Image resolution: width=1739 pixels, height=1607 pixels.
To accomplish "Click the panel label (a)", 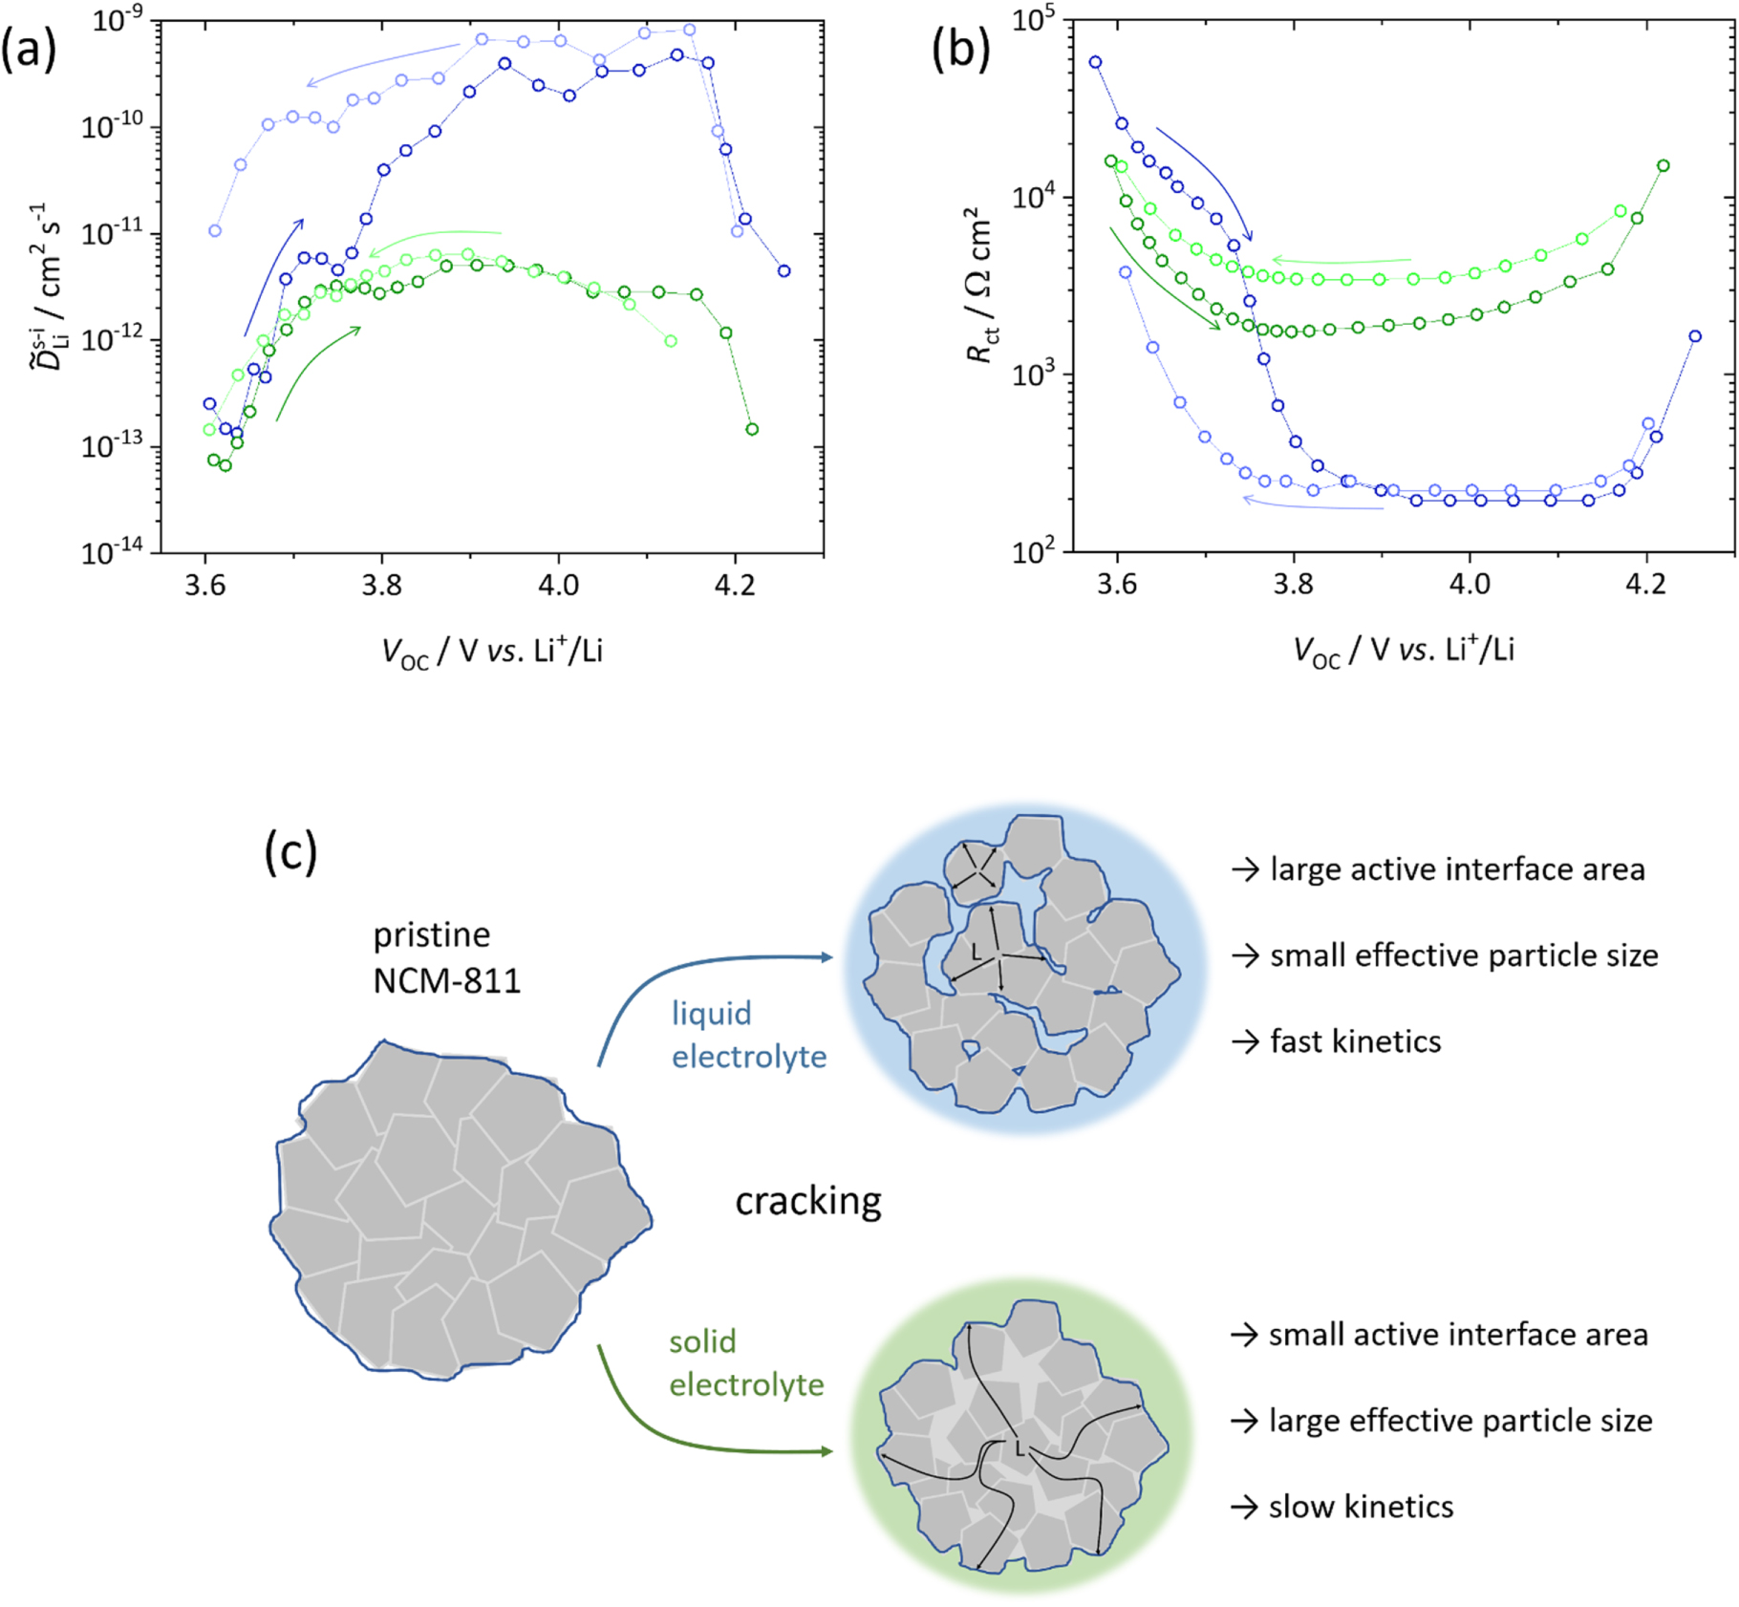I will coord(29,49).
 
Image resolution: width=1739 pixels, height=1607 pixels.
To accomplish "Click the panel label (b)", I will coord(960,49).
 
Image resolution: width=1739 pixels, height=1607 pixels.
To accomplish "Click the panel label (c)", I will coord(290,851).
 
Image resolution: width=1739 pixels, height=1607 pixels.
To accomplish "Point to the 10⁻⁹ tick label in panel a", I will coord(118,19).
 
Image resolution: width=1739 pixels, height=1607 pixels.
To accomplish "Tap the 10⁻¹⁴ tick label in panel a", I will coord(113,552).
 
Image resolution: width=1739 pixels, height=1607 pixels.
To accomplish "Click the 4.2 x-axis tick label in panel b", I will coord(1645,585).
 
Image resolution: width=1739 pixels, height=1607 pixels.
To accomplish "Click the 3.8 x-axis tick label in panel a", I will coord(381,585).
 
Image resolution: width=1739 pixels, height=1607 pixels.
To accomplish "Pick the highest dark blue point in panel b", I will coord(1096,62).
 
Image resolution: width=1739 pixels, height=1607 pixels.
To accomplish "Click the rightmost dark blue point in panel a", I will coord(784,271).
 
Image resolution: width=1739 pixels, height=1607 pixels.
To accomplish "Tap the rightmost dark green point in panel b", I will coord(1664,166).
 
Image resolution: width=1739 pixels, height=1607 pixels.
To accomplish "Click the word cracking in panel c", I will coord(808,1201).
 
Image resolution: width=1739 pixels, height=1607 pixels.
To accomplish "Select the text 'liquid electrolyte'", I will coord(748,1035).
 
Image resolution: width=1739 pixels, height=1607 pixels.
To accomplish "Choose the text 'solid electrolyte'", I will coord(745,1363).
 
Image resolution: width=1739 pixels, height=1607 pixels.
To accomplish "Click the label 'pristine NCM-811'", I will coord(446,957).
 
